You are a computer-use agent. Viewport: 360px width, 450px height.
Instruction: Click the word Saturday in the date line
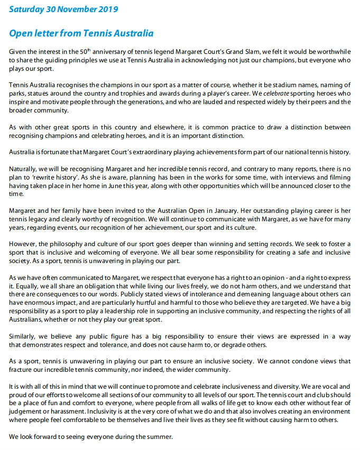(27, 10)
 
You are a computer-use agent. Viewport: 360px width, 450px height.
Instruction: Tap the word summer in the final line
(161, 437)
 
